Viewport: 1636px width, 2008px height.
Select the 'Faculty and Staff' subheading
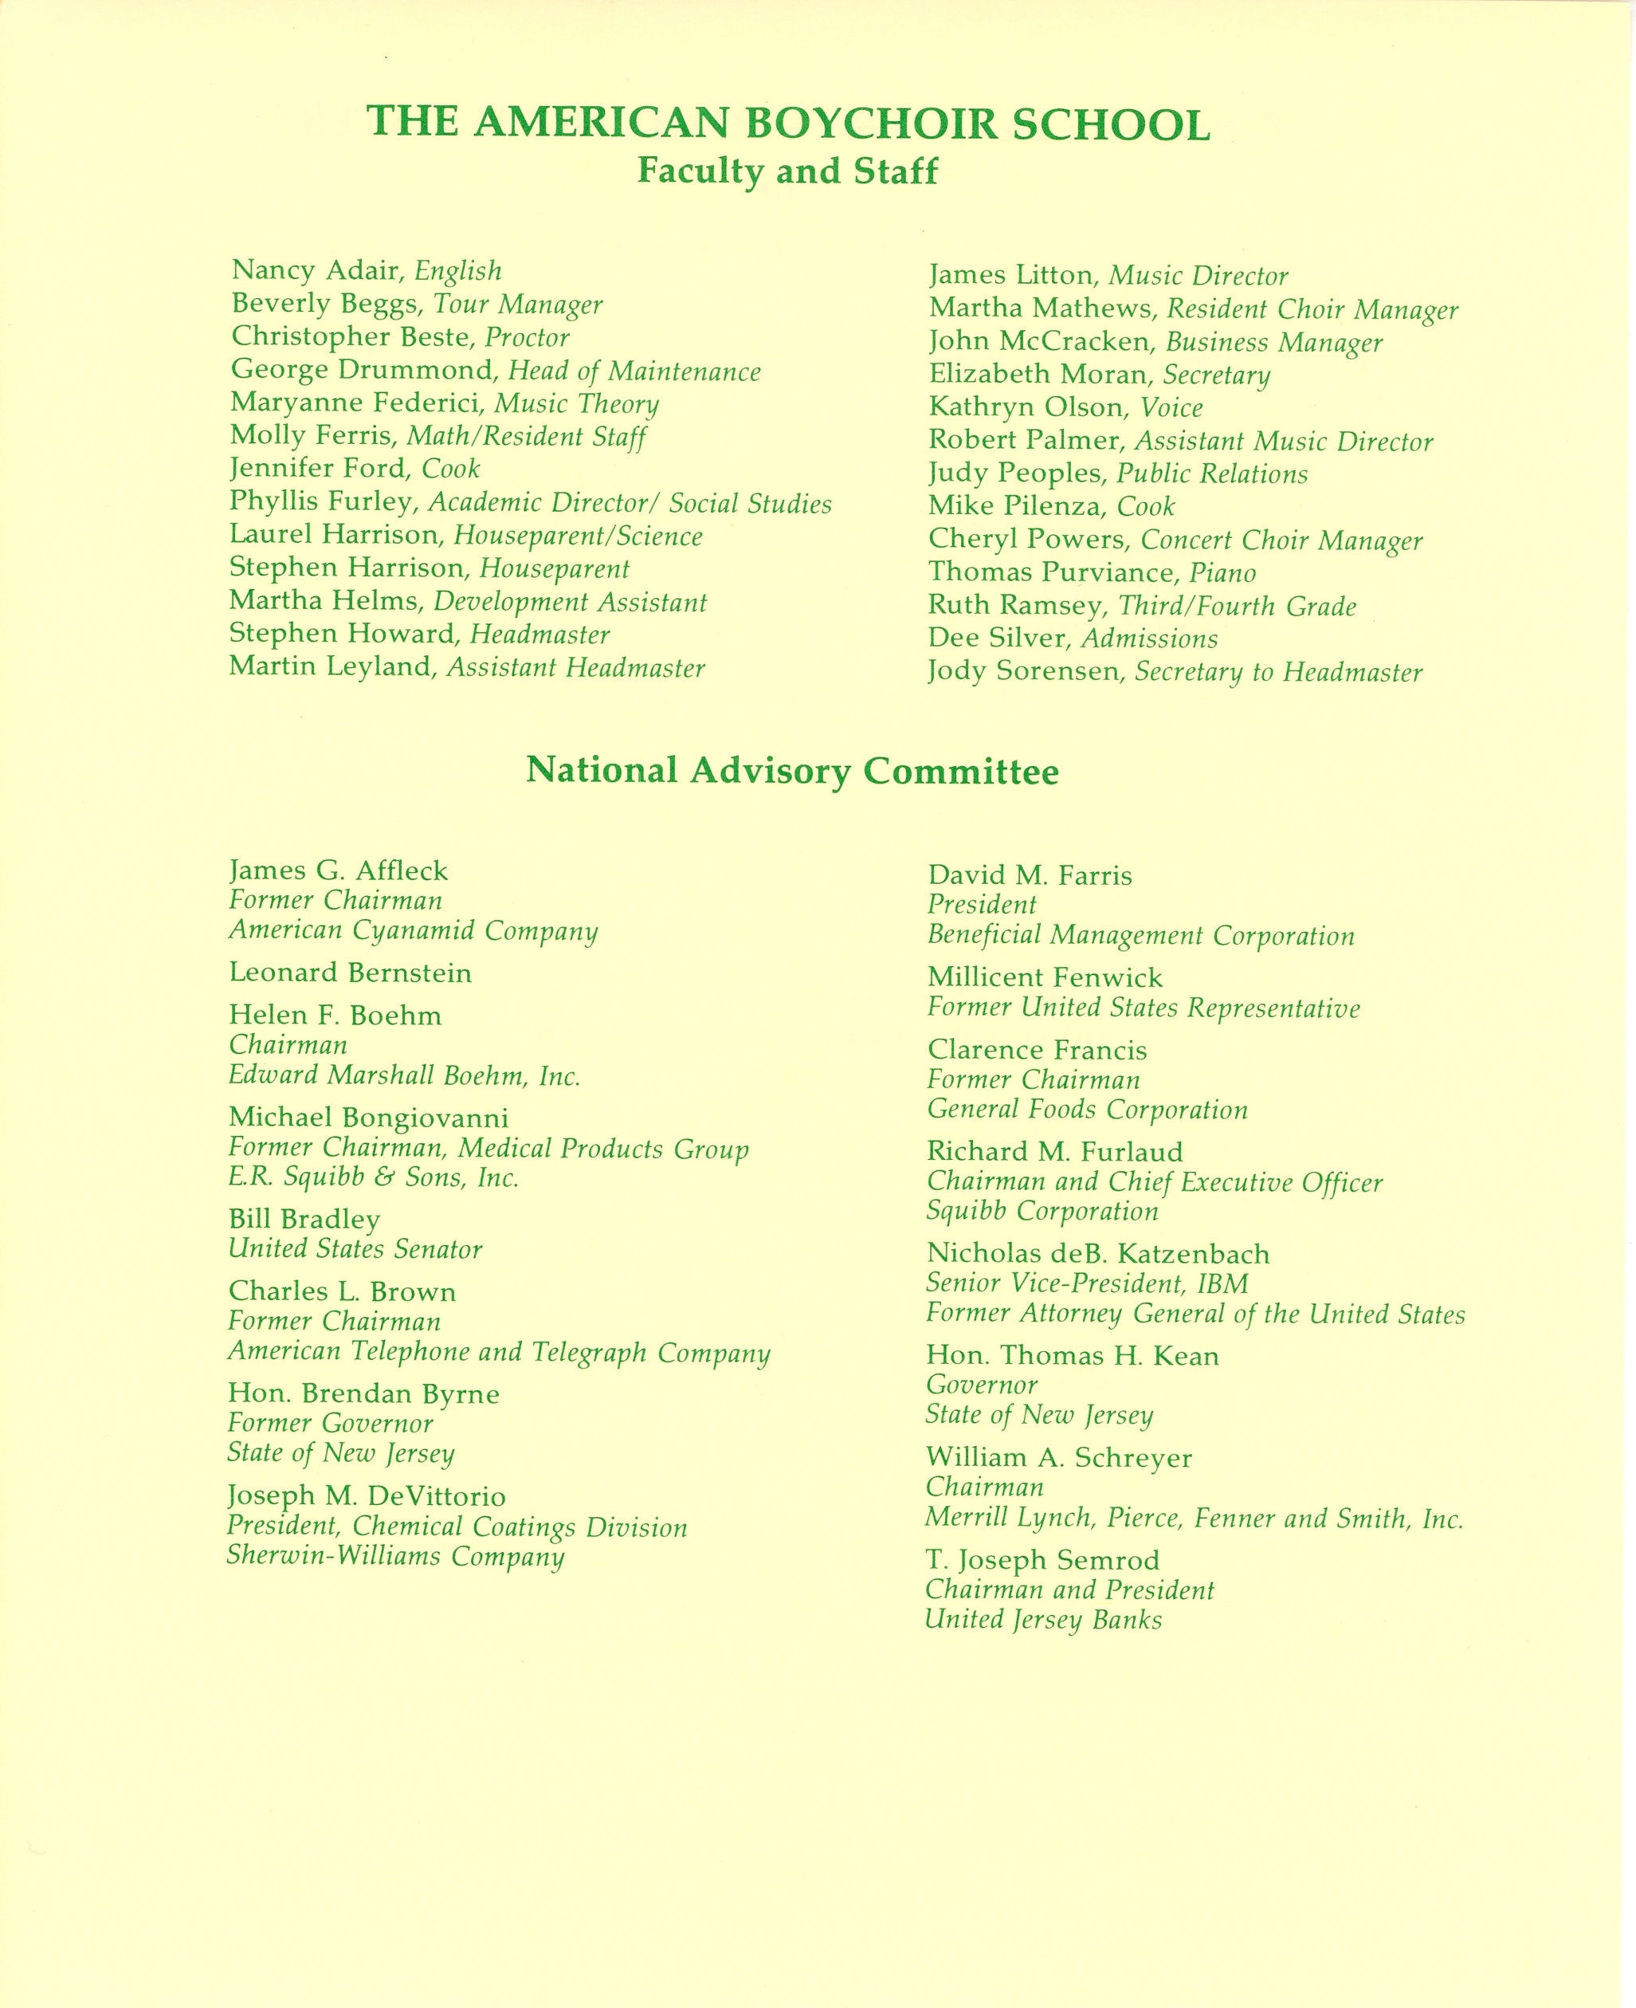tap(788, 171)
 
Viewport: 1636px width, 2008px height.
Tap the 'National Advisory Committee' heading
tap(791, 771)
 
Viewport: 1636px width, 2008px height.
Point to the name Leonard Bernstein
tap(350, 973)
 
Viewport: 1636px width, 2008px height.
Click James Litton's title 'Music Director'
tap(1198, 277)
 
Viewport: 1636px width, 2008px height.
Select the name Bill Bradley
tap(304, 1220)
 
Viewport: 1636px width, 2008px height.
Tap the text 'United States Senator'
tap(355, 1250)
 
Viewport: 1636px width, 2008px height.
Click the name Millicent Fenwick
tap(1044, 977)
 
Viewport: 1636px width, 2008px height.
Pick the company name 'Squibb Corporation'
tap(1042, 1212)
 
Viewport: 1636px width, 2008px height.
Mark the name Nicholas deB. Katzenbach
tap(1098, 1254)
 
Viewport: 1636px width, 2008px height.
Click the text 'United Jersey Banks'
tap(1043, 1621)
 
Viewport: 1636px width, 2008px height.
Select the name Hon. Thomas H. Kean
tap(1073, 1356)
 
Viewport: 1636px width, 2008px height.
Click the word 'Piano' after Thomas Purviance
tap(1222, 573)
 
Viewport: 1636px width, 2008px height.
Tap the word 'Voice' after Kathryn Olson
tap(1171, 408)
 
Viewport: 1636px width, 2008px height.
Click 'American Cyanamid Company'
tap(413, 931)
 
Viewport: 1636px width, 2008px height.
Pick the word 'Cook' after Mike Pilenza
tap(1145, 507)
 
